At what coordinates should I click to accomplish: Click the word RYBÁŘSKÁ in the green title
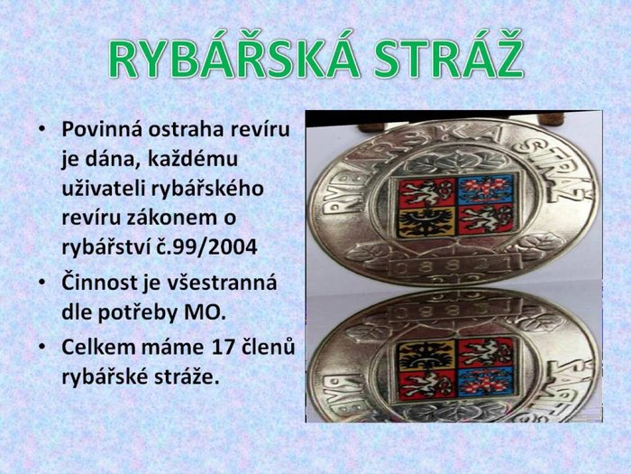tap(233, 54)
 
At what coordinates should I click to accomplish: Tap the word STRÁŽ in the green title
tap(451, 54)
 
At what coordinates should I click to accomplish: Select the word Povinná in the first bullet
tap(101, 129)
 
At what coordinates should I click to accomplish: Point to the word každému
tap(193, 160)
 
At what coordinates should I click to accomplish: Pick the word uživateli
tap(104, 188)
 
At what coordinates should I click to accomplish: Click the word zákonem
tap(169, 218)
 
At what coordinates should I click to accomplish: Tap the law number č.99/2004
tap(206, 247)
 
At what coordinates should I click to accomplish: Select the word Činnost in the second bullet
tap(98, 282)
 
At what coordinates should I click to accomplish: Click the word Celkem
tap(96, 347)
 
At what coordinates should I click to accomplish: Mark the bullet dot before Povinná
tap(42, 130)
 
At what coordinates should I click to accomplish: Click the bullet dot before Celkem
tap(42, 348)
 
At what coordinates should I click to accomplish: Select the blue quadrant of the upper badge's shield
tap(485, 189)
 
